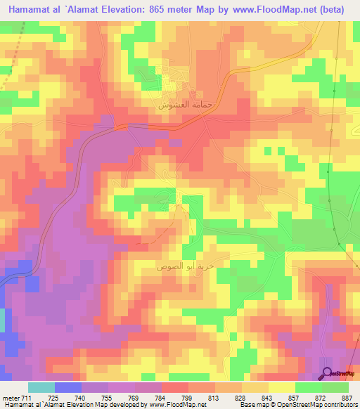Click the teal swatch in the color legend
tap(41, 387)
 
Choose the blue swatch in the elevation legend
tap(68, 387)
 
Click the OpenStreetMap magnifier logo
tap(328, 372)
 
